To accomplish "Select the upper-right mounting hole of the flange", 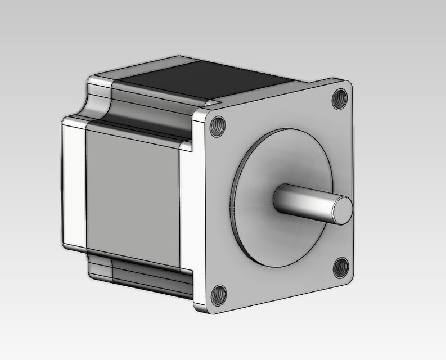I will click(340, 99).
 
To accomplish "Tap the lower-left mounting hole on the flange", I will click(218, 294).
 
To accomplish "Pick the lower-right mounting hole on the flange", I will click(340, 267).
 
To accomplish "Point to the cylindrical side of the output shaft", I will click(304, 201).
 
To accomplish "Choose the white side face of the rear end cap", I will click(73, 186).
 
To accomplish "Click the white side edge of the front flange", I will click(199, 214).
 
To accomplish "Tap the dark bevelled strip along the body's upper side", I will click(152, 115).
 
